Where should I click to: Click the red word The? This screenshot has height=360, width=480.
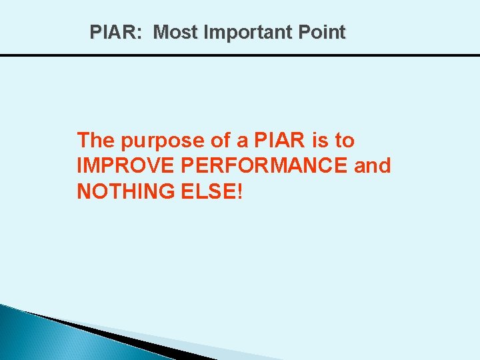[x=97, y=141]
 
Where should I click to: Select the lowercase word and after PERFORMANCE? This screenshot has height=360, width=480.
[x=373, y=166]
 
